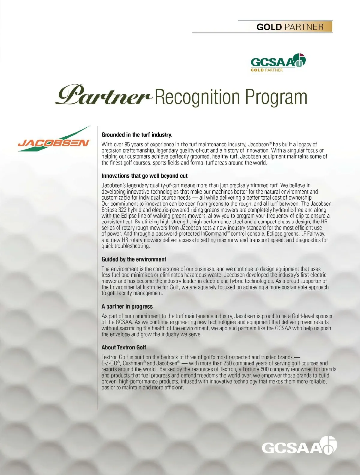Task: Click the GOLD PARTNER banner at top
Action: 290,27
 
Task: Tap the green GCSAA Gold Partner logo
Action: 278,62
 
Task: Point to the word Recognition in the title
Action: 198,97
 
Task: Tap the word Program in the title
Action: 276,97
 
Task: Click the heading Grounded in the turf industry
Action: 137,135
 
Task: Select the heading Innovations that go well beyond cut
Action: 144,176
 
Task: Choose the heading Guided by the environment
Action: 134,259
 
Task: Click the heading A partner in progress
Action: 127,306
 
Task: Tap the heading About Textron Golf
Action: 124,347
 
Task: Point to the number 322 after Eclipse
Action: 122,210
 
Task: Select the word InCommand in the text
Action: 213,234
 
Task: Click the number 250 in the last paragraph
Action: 228,363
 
